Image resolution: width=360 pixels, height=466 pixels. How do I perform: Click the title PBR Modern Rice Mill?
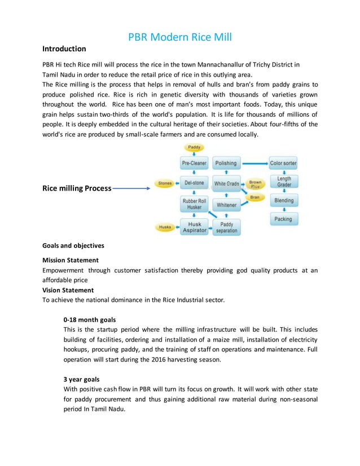pos(179,37)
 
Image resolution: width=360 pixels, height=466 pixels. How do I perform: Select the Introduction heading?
pos(64,49)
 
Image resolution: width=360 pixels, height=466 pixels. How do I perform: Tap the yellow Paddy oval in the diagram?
pos(194,148)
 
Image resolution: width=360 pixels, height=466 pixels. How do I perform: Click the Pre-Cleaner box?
pos(194,164)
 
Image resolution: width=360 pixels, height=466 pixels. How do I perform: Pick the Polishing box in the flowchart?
pos(226,164)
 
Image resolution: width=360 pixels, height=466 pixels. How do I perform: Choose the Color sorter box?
pos(283,164)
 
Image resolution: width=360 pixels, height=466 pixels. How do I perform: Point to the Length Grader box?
pos(284,182)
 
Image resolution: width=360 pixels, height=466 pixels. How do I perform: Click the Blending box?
pos(284,201)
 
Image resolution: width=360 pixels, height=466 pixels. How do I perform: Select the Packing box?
pos(283,219)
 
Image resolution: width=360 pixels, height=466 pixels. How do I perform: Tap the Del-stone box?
pos(194,183)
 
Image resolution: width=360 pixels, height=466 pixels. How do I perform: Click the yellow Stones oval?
pos(165,183)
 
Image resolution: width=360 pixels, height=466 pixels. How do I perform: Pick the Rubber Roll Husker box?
pos(194,204)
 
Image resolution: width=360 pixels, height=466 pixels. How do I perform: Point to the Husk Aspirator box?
pos(194,227)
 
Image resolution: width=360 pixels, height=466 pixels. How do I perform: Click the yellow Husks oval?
pos(165,227)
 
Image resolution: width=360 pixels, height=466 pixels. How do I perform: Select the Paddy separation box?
pos(226,227)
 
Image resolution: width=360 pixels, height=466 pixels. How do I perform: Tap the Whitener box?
pos(226,205)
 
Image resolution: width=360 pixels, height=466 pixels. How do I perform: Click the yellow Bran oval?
pos(255,197)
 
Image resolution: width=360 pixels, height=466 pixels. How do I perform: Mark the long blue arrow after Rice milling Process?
pos(131,189)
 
